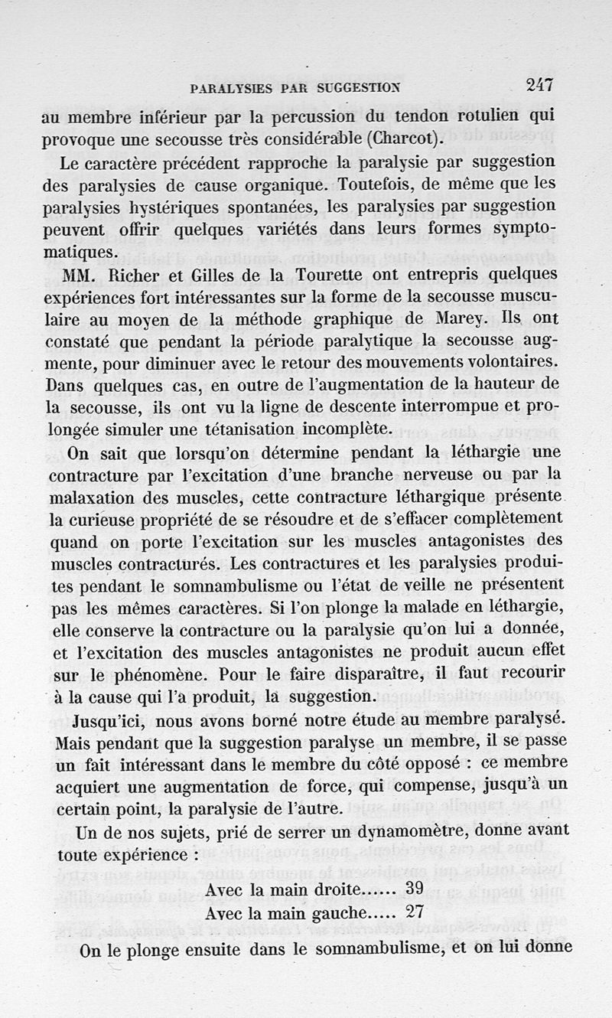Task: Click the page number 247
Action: coord(539,86)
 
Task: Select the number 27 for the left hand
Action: coord(414,913)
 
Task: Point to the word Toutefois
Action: coord(356,184)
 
